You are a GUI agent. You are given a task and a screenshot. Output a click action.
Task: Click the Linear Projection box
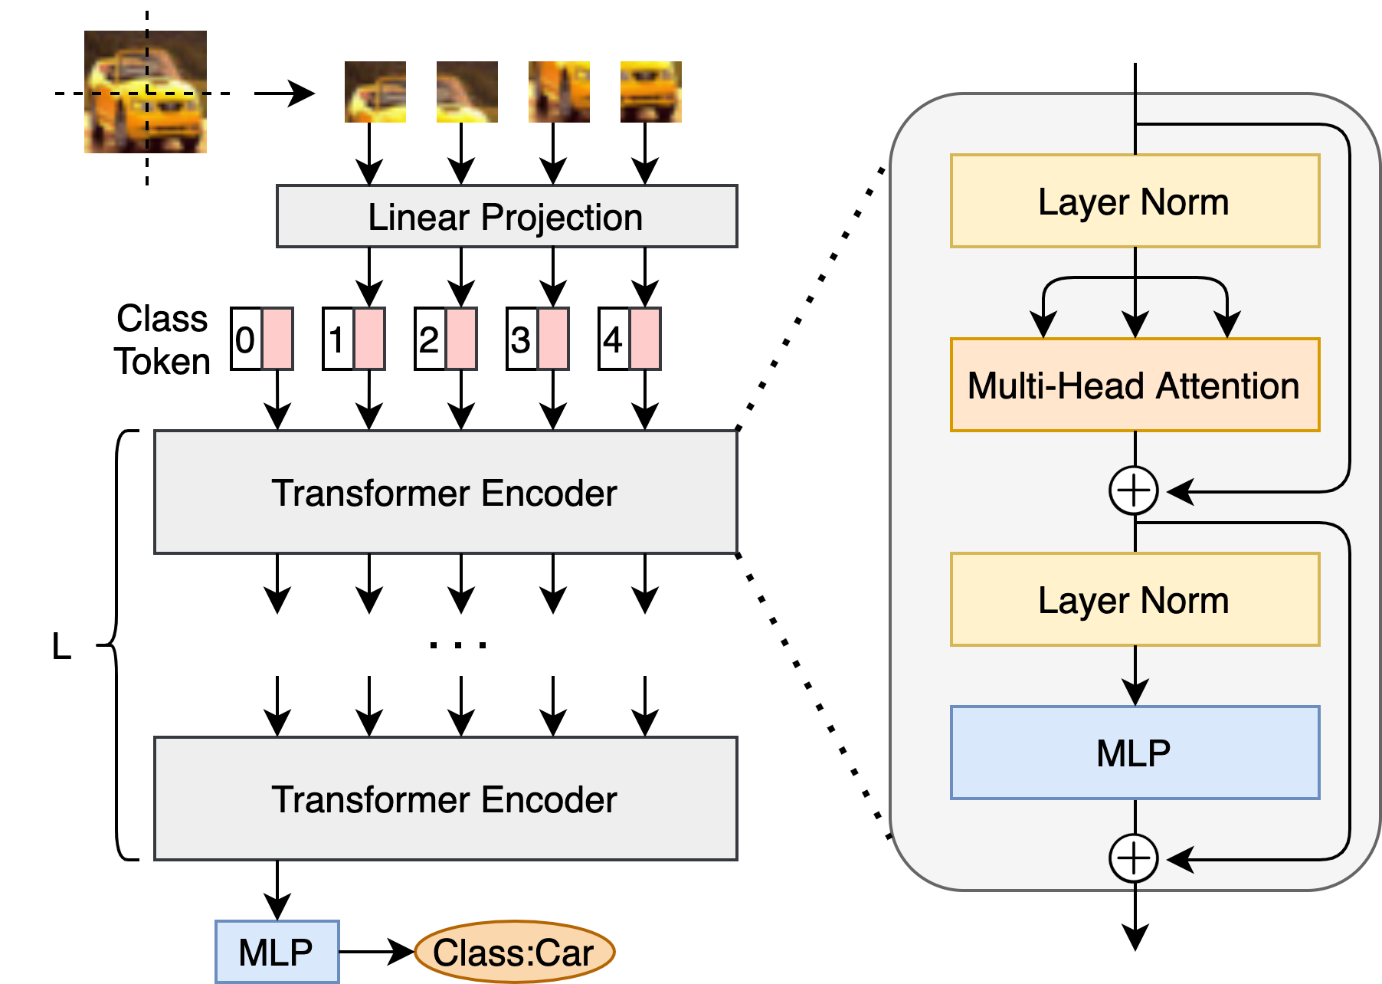click(x=507, y=216)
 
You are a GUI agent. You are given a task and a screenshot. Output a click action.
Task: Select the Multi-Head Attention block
click(x=1135, y=385)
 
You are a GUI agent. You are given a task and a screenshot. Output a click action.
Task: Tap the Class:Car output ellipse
click(x=515, y=953)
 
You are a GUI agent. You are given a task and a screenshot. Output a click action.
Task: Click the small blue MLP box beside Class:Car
click(x=277, y=952)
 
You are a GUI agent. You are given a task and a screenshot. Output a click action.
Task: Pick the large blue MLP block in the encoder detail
click(x=1135, y=753)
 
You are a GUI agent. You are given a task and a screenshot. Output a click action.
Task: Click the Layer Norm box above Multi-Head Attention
click(x=1135, y=201)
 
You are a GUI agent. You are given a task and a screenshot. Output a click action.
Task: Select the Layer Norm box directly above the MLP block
click(x=1135, y=599)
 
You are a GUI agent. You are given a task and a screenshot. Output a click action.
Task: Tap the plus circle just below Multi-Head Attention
click(x=1135, y=490)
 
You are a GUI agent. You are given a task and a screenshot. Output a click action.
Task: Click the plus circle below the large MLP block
click(x=1135, y=858)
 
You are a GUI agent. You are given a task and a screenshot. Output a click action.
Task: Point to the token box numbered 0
click(x=262, y=339)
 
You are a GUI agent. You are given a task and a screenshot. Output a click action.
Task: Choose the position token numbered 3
click(x=538, y=339)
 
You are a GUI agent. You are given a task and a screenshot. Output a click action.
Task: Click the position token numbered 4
click(x=630, y=339)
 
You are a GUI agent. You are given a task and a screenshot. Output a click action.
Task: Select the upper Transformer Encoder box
click(x=446, y=492)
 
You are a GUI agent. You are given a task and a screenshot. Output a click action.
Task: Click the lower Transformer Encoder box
click(x=446, y=799)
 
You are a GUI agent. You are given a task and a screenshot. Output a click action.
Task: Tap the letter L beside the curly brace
click(x=61, y=647)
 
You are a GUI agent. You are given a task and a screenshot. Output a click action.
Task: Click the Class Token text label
click(x=162, y=340)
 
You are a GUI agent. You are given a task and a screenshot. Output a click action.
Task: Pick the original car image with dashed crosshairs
click(x=146, y=92)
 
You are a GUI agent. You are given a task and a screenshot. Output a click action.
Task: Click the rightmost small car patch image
click(x=651, y=92)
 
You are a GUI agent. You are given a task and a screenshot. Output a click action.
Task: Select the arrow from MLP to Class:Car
click(x=377, y=952)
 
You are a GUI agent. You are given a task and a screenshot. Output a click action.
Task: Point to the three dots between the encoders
click(x=458, y=645)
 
